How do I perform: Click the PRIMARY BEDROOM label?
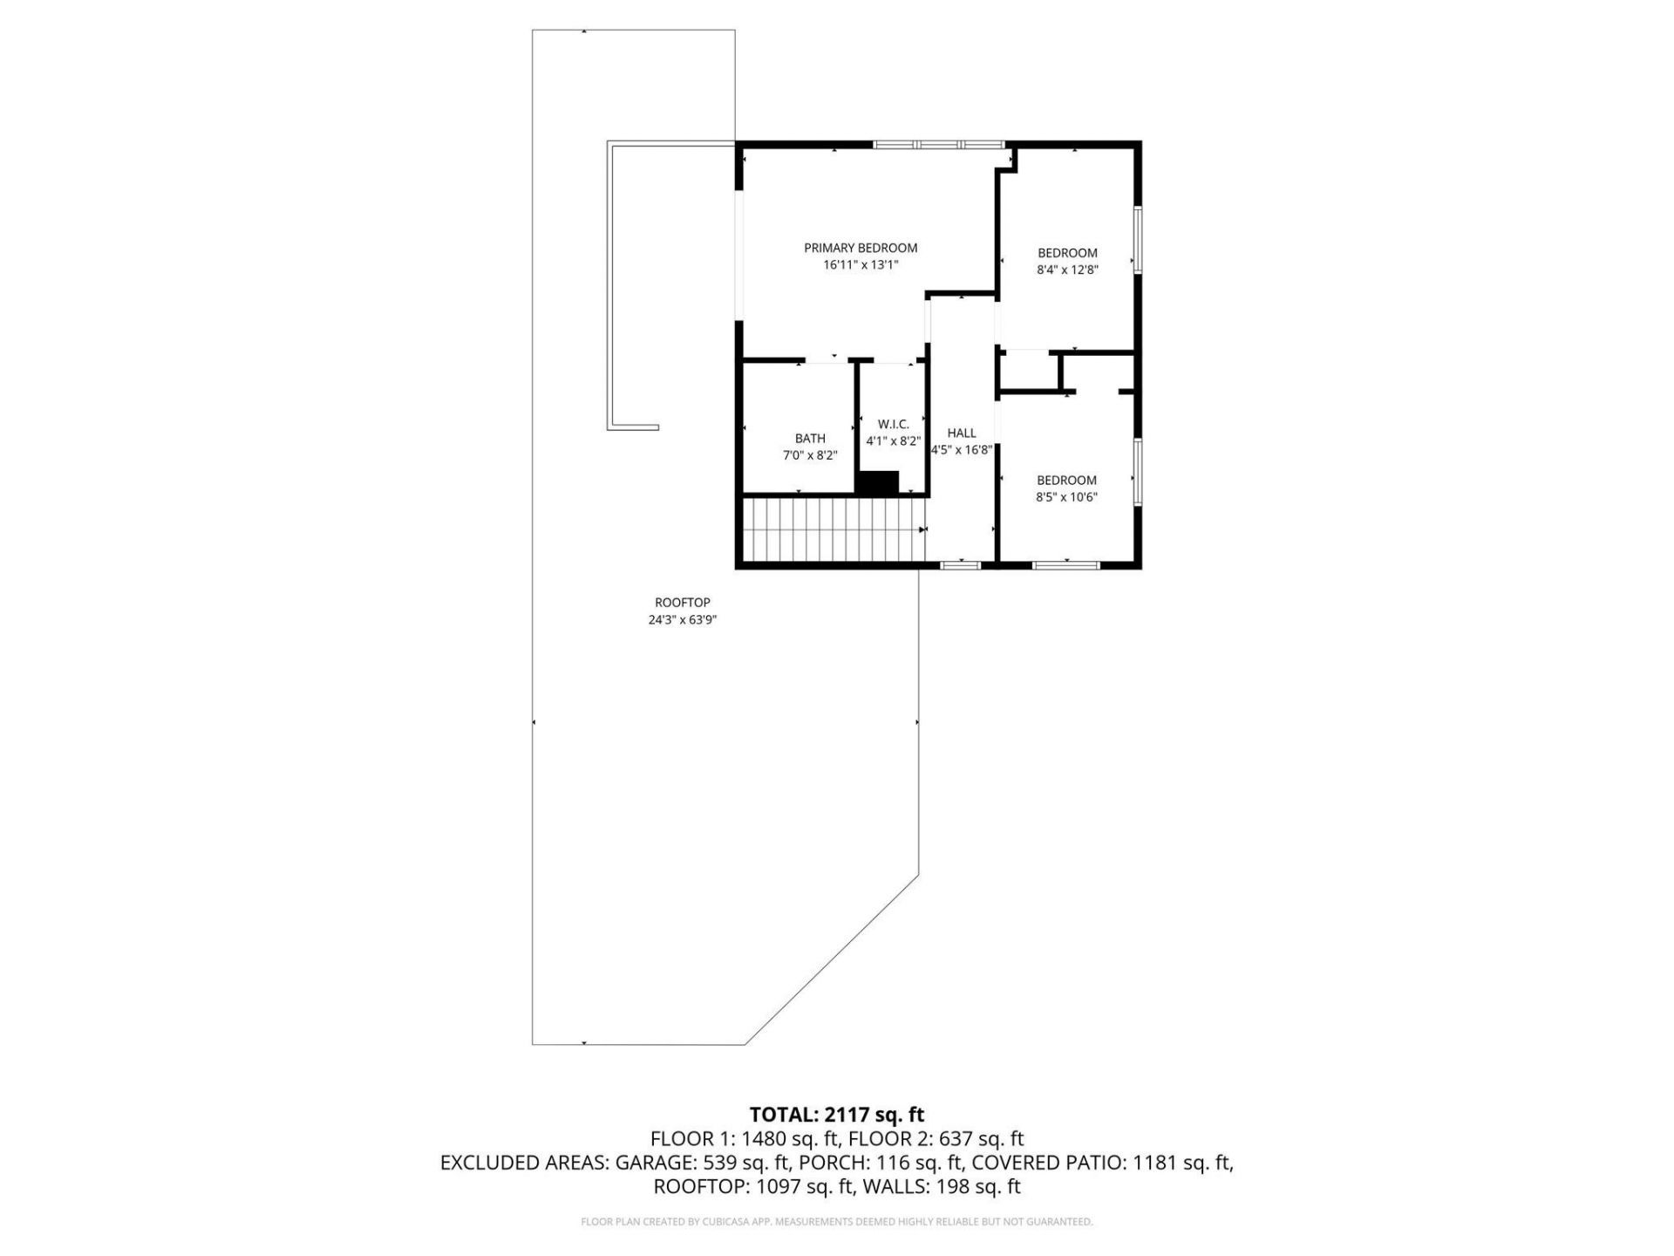(x=860, y=248)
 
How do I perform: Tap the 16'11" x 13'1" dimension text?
(x=860, y=264)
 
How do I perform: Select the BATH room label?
(x=809, y=439)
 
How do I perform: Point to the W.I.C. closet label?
(x=893, y=424)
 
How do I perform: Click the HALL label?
(x=962, y=433)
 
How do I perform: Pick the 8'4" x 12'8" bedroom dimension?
(x=1066, y=270)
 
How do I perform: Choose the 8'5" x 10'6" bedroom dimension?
(x=1066, y=497)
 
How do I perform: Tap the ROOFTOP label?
(x=683, y=603)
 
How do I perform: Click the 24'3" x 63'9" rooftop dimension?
(x=683, y=620)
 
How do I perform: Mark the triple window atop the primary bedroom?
(x=939, y=145)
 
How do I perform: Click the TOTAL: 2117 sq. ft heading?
(x=836, y=1115)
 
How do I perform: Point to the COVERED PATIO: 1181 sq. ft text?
(x=1101, y=1163)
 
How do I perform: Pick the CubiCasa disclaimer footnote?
(x=836, y=1222)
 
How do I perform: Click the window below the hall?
(x=961, y=565)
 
